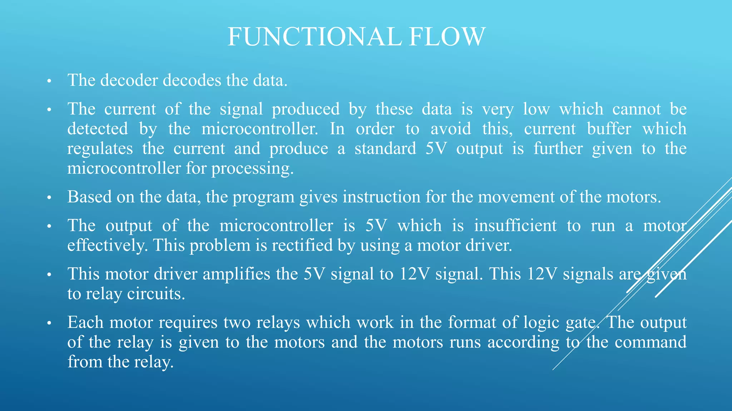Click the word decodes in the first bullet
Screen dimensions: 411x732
coord(192,80)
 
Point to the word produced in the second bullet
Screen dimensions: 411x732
coord(306,109)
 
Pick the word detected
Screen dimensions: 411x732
coord(98,129)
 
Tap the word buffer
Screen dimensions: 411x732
coord(609,129)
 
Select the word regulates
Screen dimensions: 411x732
coord(100,149)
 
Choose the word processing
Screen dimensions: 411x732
coord(252,168)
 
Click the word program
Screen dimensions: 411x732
coord(263,197)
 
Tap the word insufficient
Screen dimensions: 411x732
coord(515,226)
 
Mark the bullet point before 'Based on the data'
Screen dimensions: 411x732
coord(49,197)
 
